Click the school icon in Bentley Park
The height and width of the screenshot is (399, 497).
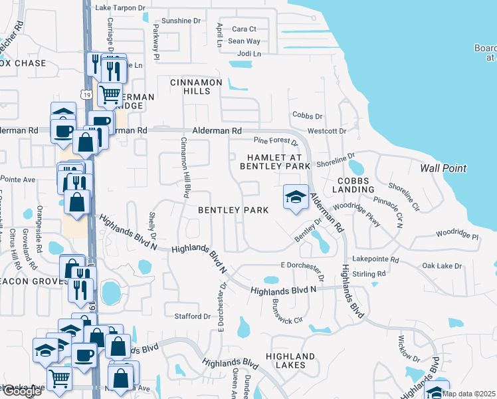[296, 198]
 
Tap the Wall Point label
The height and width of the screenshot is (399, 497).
[443, 168]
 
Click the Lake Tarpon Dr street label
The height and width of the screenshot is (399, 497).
[120, 8]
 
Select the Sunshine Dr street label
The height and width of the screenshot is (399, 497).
[176, 21]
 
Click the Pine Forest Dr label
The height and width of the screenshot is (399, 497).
[276, 141]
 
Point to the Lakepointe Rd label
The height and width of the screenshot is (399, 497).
[375, 259]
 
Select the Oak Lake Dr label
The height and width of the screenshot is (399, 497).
[442, 266]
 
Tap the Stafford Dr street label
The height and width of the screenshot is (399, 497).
[191, 316]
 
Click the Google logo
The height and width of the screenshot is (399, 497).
[21, 392]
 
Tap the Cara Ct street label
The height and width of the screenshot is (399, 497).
[244, 29]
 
